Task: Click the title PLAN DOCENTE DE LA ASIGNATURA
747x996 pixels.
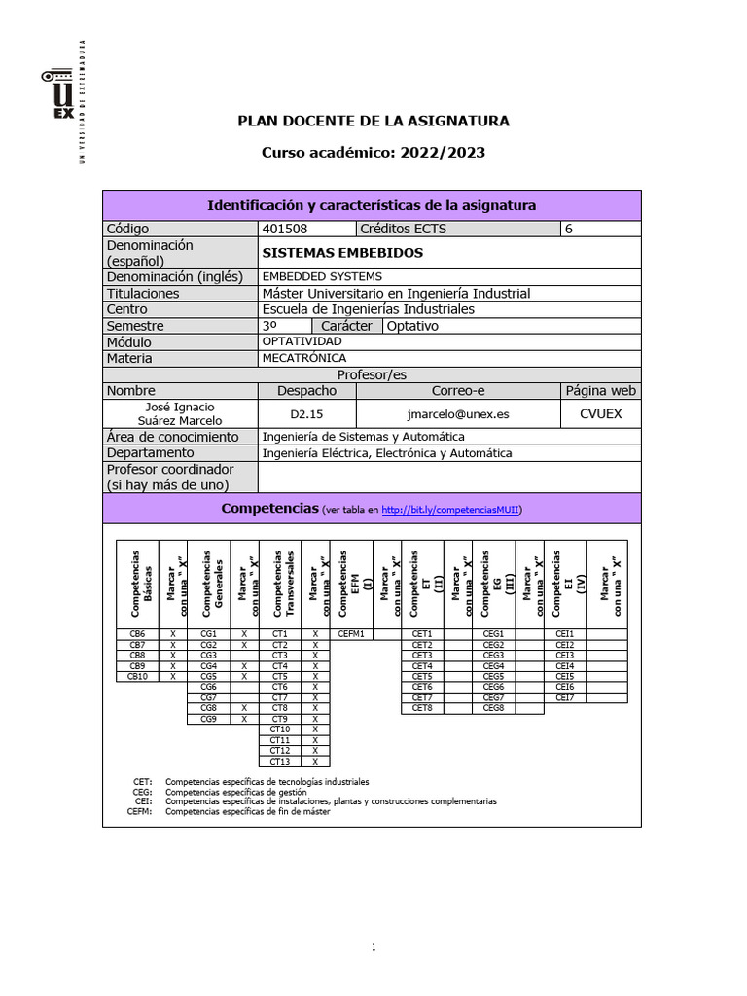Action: [373, 121]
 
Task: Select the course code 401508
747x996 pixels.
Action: [283, 230]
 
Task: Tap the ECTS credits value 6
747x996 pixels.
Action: [569, 230]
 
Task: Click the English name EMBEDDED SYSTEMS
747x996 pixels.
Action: [322, 277]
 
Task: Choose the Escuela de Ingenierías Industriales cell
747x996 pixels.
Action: [369, 309]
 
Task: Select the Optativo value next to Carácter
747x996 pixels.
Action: [413, 326]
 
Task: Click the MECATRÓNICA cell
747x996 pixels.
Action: [303, 358]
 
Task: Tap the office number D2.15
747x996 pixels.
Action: [306, 413]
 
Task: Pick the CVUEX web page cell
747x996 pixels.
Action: [600, 413]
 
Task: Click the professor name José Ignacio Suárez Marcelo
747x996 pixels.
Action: [179, 413]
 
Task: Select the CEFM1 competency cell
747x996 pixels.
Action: [351, 633]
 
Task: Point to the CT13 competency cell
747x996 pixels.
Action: [280, 762]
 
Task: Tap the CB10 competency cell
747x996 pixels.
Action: [137, 676]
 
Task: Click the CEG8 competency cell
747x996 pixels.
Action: [493, 708]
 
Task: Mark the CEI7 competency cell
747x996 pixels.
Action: [565, 697]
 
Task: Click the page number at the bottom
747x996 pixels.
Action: [373, 947]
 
